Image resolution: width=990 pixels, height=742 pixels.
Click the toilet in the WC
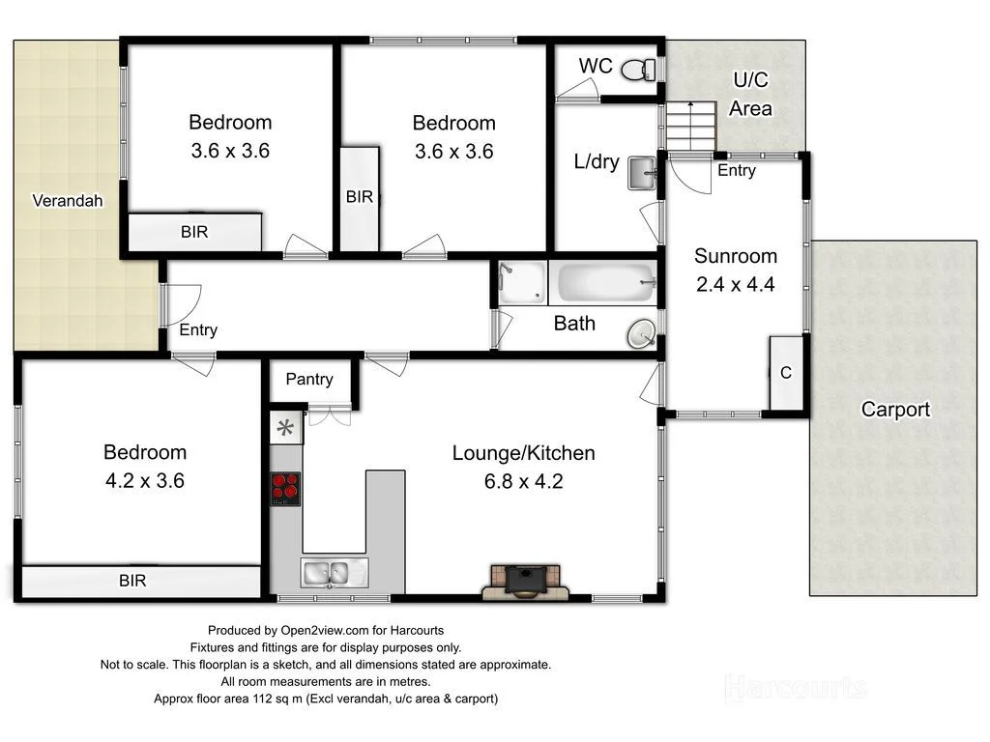pyautogui.click(x=636, y=70)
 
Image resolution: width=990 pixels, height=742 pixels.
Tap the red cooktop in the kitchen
pyautogui.click(x=285, y=488)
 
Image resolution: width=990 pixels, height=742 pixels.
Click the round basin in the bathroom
pyautogui.click(x=640, y=334)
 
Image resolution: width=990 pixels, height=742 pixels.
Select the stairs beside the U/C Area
pyautogui.click(x=690, y=126)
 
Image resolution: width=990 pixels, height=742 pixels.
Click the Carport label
pyautogui.click(x=895, y=410)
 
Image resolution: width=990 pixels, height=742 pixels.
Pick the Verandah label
pyautogui.click(x=68, y=201)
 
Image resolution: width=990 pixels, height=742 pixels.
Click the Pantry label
pyautogui.click(x=309, y=379)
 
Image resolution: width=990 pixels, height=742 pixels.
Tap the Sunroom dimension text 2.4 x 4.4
pyautogui.click(x=736, y=284)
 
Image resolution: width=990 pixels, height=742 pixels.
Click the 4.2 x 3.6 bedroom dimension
pyautogui.click(x=145, y=480)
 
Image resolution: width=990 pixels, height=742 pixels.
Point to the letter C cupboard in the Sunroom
pyautogui.click(x=786, y=373)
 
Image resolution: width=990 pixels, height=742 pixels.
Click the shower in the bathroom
pyautogui.click(x=522, y=282)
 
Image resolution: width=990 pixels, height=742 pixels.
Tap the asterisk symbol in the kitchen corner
pyautogui.click(x=285, y=428)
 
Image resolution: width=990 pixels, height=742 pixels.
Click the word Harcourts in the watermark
pyautogui.click(x=795, y=688)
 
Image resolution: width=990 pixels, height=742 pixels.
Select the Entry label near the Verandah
pyautogui.click(x=198, y=330)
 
